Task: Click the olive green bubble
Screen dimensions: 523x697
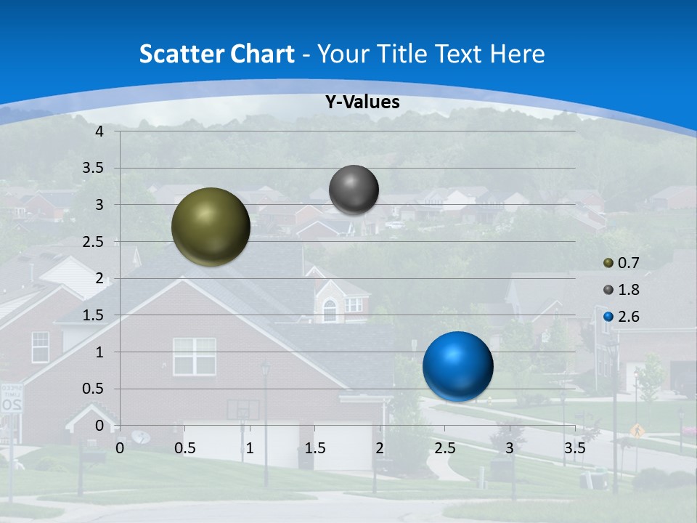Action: tap(211, 227)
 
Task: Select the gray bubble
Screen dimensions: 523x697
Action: tap(354, 190)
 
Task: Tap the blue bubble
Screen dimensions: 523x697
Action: tap(457, 366)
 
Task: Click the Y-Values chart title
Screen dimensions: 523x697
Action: tap(362, 102)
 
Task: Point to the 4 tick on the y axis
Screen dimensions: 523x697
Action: tap(99, 131)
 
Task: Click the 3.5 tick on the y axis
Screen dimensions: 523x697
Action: tap(94, 169)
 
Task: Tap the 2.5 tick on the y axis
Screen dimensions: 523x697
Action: tap(94, 242)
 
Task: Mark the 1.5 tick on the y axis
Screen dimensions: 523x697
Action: tap(94, 315)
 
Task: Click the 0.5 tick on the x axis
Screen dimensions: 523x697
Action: tap(184, 448)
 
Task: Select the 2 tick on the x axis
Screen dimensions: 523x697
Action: tap(379, 448)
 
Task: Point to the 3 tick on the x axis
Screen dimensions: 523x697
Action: tap(509, 448)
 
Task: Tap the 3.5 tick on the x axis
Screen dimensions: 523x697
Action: tap(574, 448)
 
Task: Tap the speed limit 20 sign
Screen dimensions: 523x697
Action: tap(11, 399)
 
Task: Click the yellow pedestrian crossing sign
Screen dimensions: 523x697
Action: tap(637, 430)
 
